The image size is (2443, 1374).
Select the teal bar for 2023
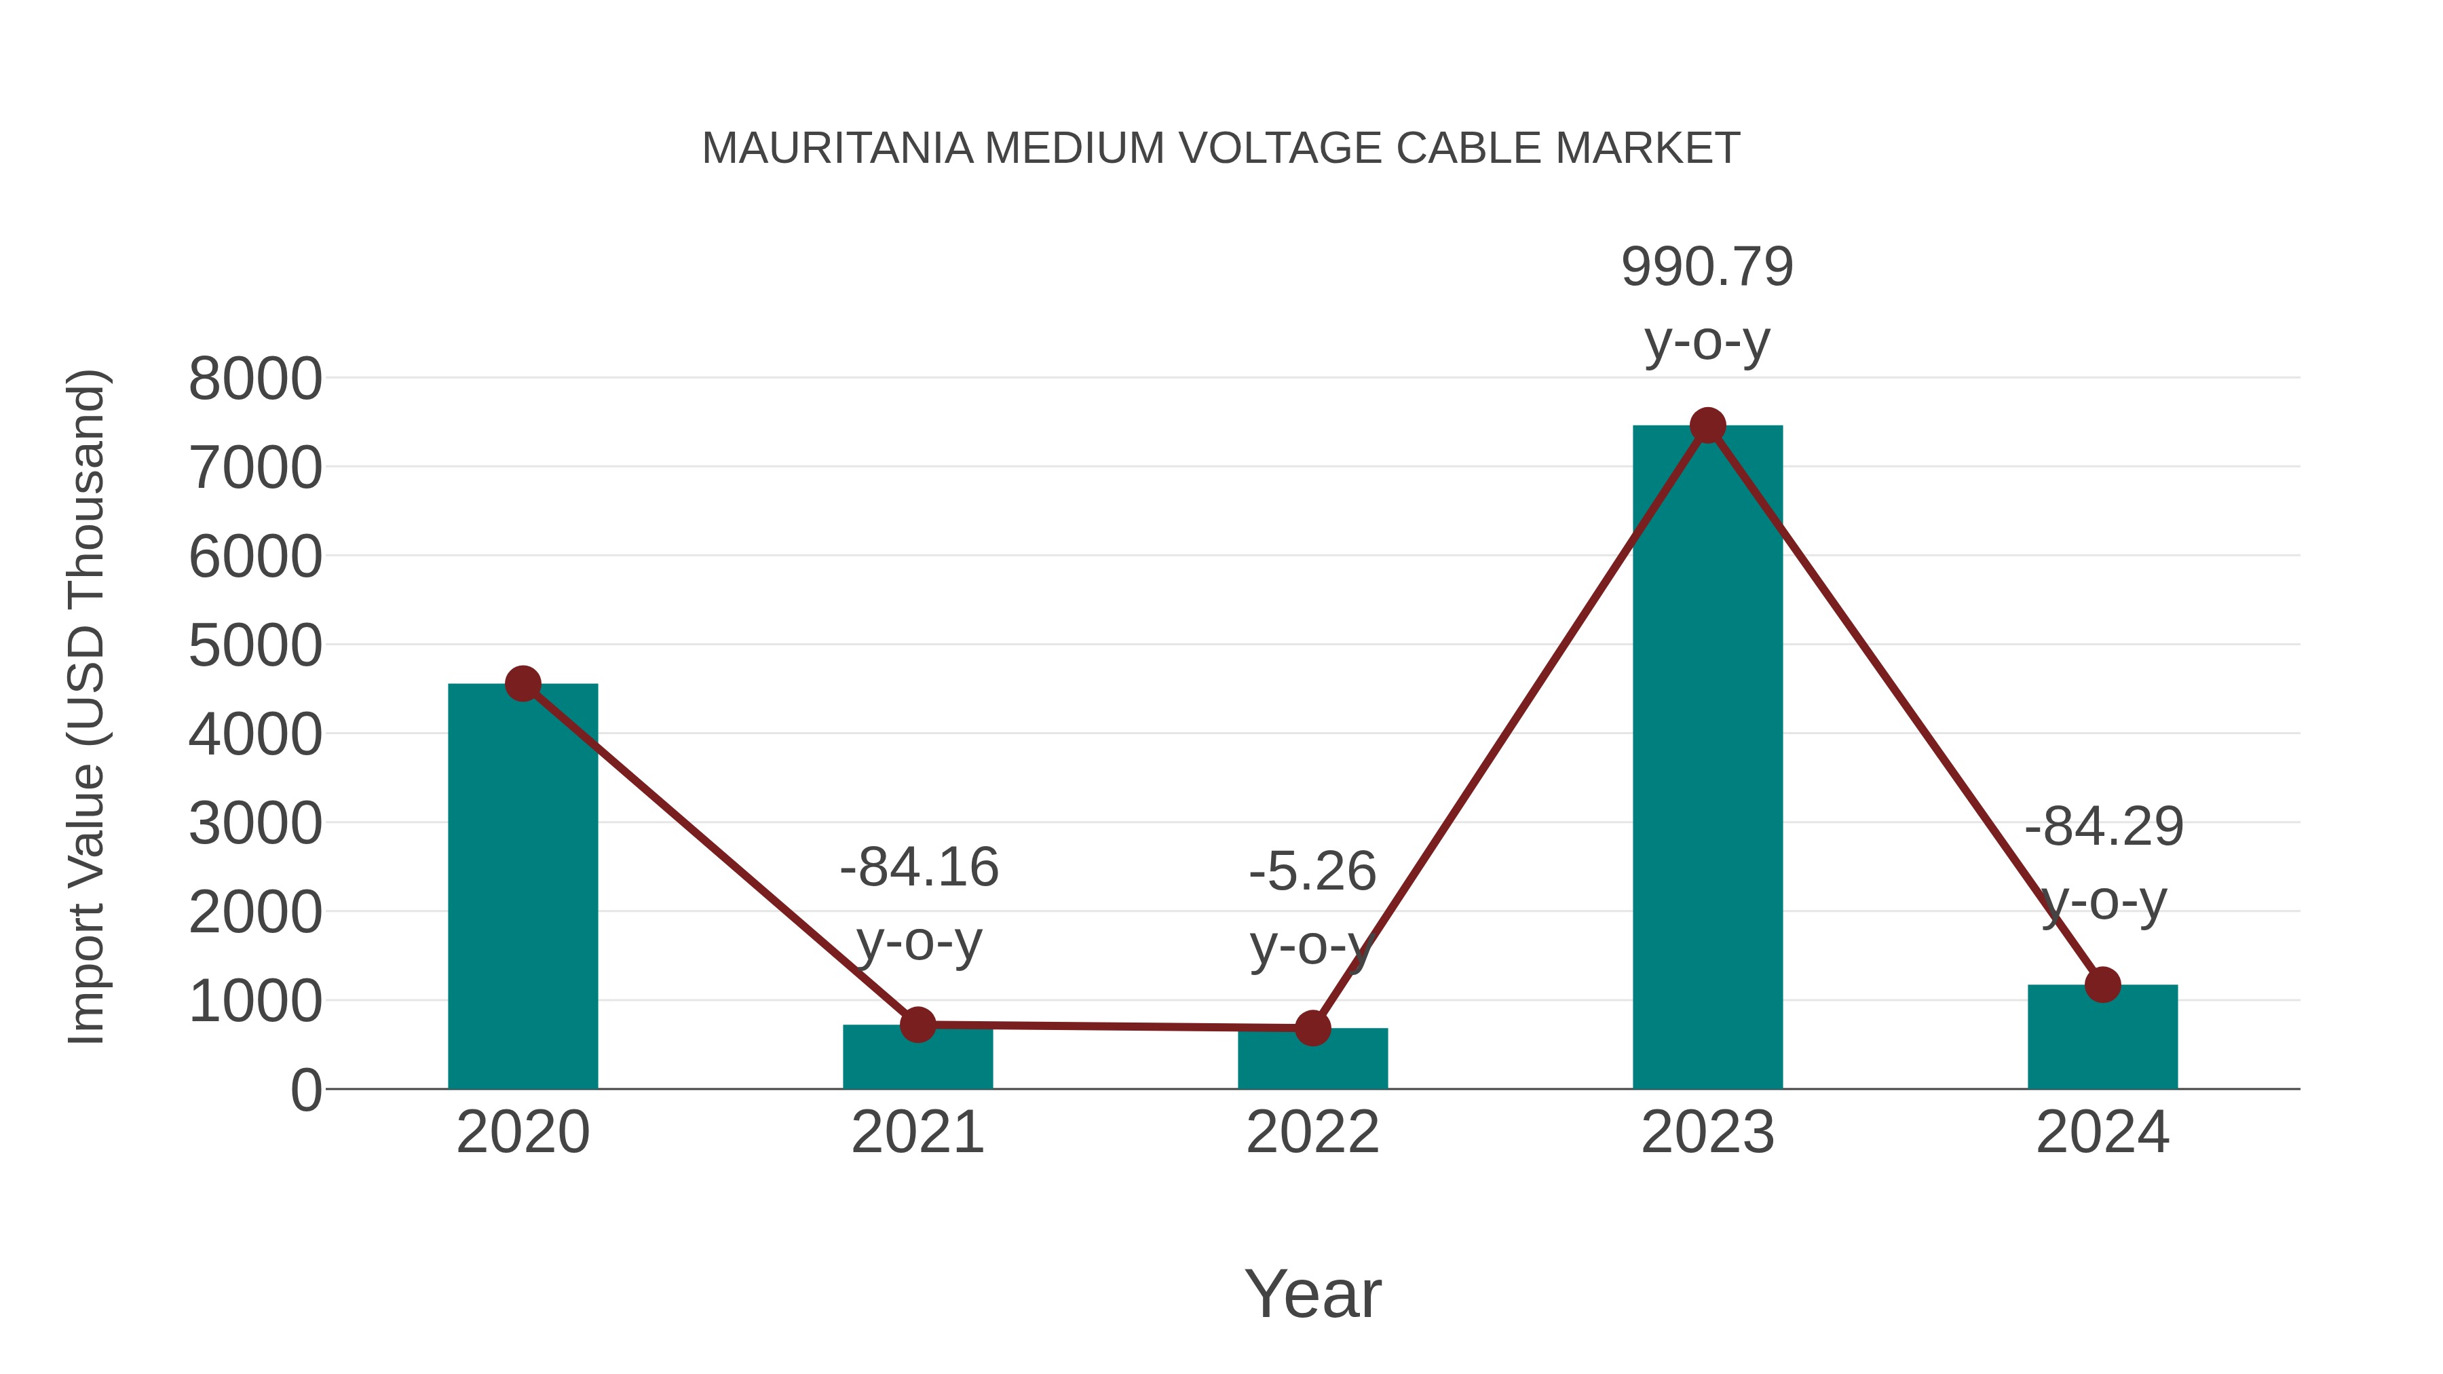(x=1707, y=759)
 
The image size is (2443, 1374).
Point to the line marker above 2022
(x=1312, y=1028)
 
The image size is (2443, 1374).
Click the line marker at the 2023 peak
(x=1707, y=425)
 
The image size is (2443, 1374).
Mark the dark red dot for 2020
(x=523, y=684)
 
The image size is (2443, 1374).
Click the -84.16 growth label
(x=919, y=868)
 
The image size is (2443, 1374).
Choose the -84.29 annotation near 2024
(x=2104, y=827)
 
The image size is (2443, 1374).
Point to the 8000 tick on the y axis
(x=255, y=379)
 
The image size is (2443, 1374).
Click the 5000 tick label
(x=255, y=647)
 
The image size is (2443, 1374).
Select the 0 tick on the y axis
(x=305, y=1090)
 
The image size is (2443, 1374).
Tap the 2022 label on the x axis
(x=1312, y=1132)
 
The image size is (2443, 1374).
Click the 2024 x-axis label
(x=2102, y=1132)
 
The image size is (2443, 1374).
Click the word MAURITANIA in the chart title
(x=837, y=149)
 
